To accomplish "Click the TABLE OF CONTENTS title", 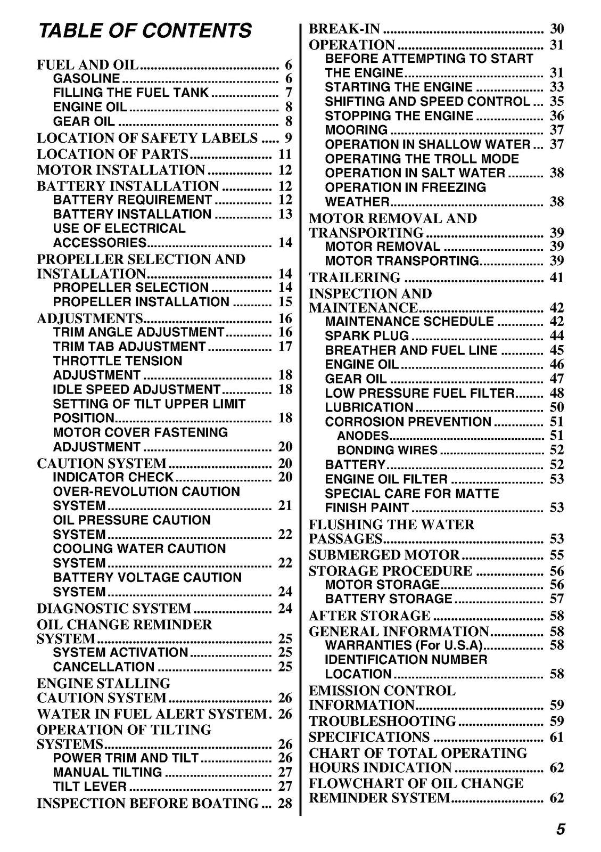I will click(144, 30).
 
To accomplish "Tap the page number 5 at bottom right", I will click(561, 830).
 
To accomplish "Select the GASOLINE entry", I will click(86, 79).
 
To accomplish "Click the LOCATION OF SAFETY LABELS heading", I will click(147, 138).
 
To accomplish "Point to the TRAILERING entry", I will click(355, 277).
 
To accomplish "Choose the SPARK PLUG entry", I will click(367, 336).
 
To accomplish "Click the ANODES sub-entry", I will click(363, 436).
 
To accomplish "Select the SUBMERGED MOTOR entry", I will click(384, 555).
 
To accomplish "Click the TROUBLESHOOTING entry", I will click(382, 721).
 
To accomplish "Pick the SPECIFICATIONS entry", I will click(369, 737).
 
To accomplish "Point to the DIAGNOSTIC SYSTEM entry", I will click(114, 608).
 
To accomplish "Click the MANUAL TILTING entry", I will click(108, 772).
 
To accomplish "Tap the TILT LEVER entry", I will click(90, 787).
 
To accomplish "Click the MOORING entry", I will click(356, 130).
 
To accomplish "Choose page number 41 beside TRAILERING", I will click(556, 277).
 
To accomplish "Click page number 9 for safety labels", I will click(288, 138).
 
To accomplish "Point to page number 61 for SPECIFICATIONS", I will click(556, 737).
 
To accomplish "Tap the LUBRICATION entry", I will click(369, 407).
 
